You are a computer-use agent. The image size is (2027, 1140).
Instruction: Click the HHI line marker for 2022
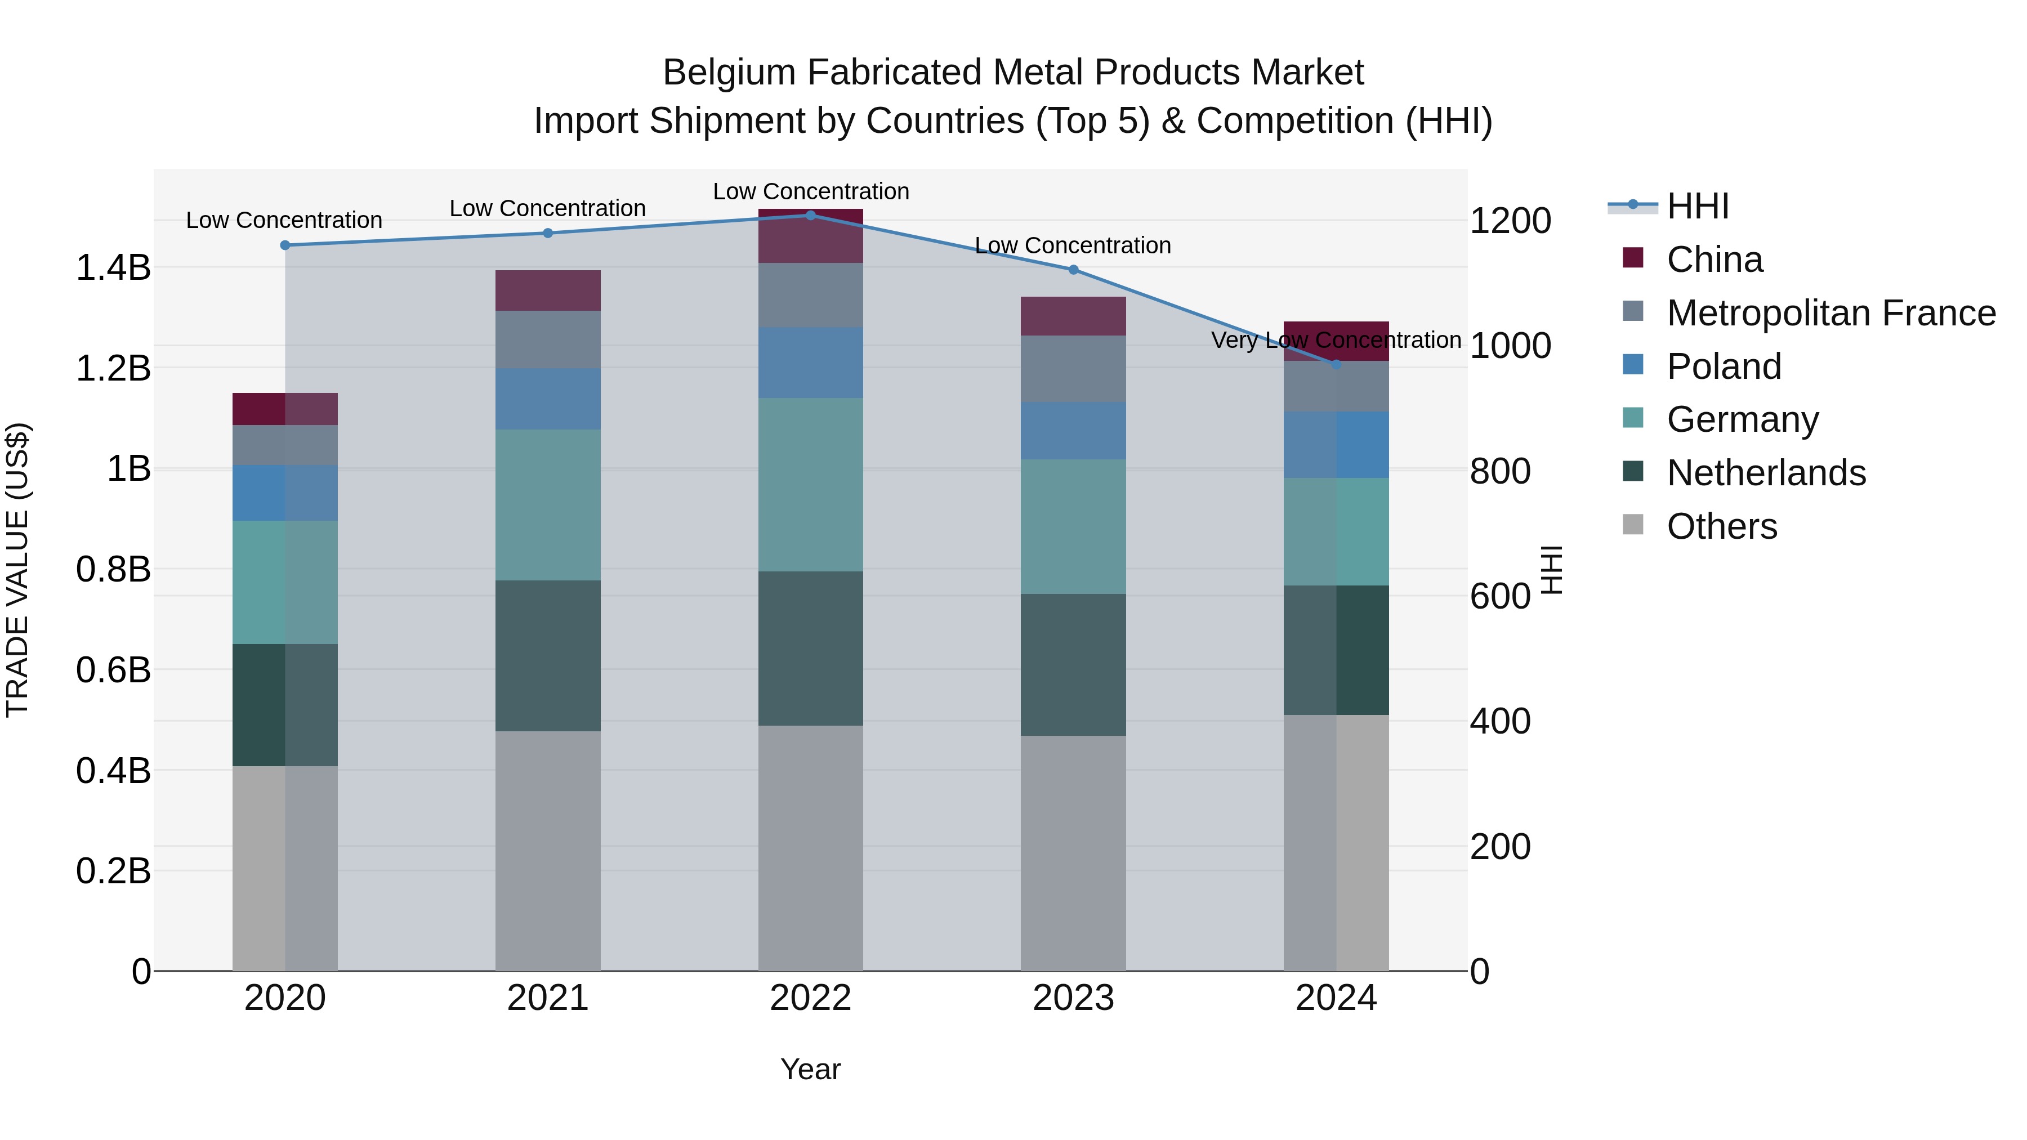coord(810,215)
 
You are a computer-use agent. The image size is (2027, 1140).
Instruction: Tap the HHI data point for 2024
coord(1336,364)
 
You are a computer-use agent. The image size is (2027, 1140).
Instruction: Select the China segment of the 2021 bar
coord(548,290)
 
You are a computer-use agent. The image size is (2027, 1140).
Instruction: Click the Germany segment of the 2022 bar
coord(810,485)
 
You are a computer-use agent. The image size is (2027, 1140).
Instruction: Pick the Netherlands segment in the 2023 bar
coord(1073,665)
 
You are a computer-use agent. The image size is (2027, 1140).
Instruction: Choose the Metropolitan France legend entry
coord(1830,313)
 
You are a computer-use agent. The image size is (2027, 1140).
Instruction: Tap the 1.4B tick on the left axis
coord(113,267)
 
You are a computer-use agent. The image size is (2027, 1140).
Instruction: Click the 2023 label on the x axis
coord(1073,998)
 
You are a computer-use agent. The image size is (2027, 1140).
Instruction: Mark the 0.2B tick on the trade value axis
coord(113,871)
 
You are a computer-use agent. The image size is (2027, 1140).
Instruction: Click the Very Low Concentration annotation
coord(1336,340)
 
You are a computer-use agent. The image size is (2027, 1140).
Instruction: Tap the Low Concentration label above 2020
coord(284,220)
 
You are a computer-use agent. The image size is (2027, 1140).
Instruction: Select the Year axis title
coord(810,1069)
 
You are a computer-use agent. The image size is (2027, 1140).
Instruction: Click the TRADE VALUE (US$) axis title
coord(17,570)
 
